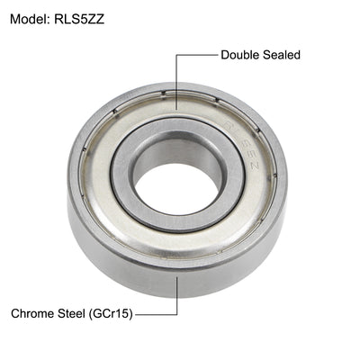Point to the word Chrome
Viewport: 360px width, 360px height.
(33, 315)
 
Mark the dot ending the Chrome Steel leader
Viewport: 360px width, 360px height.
(176, 276)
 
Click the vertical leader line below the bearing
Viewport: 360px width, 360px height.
(176, 297)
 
